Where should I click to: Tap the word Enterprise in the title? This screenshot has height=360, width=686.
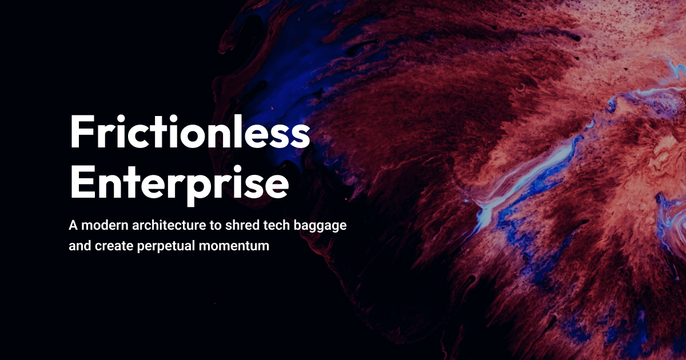(179, 181)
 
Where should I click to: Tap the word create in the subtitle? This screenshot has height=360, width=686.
(111, 247)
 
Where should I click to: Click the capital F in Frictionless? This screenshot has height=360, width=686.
(81, 132)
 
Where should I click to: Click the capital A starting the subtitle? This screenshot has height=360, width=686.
(73, 225)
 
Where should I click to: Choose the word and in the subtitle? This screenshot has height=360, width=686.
(79, 247)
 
